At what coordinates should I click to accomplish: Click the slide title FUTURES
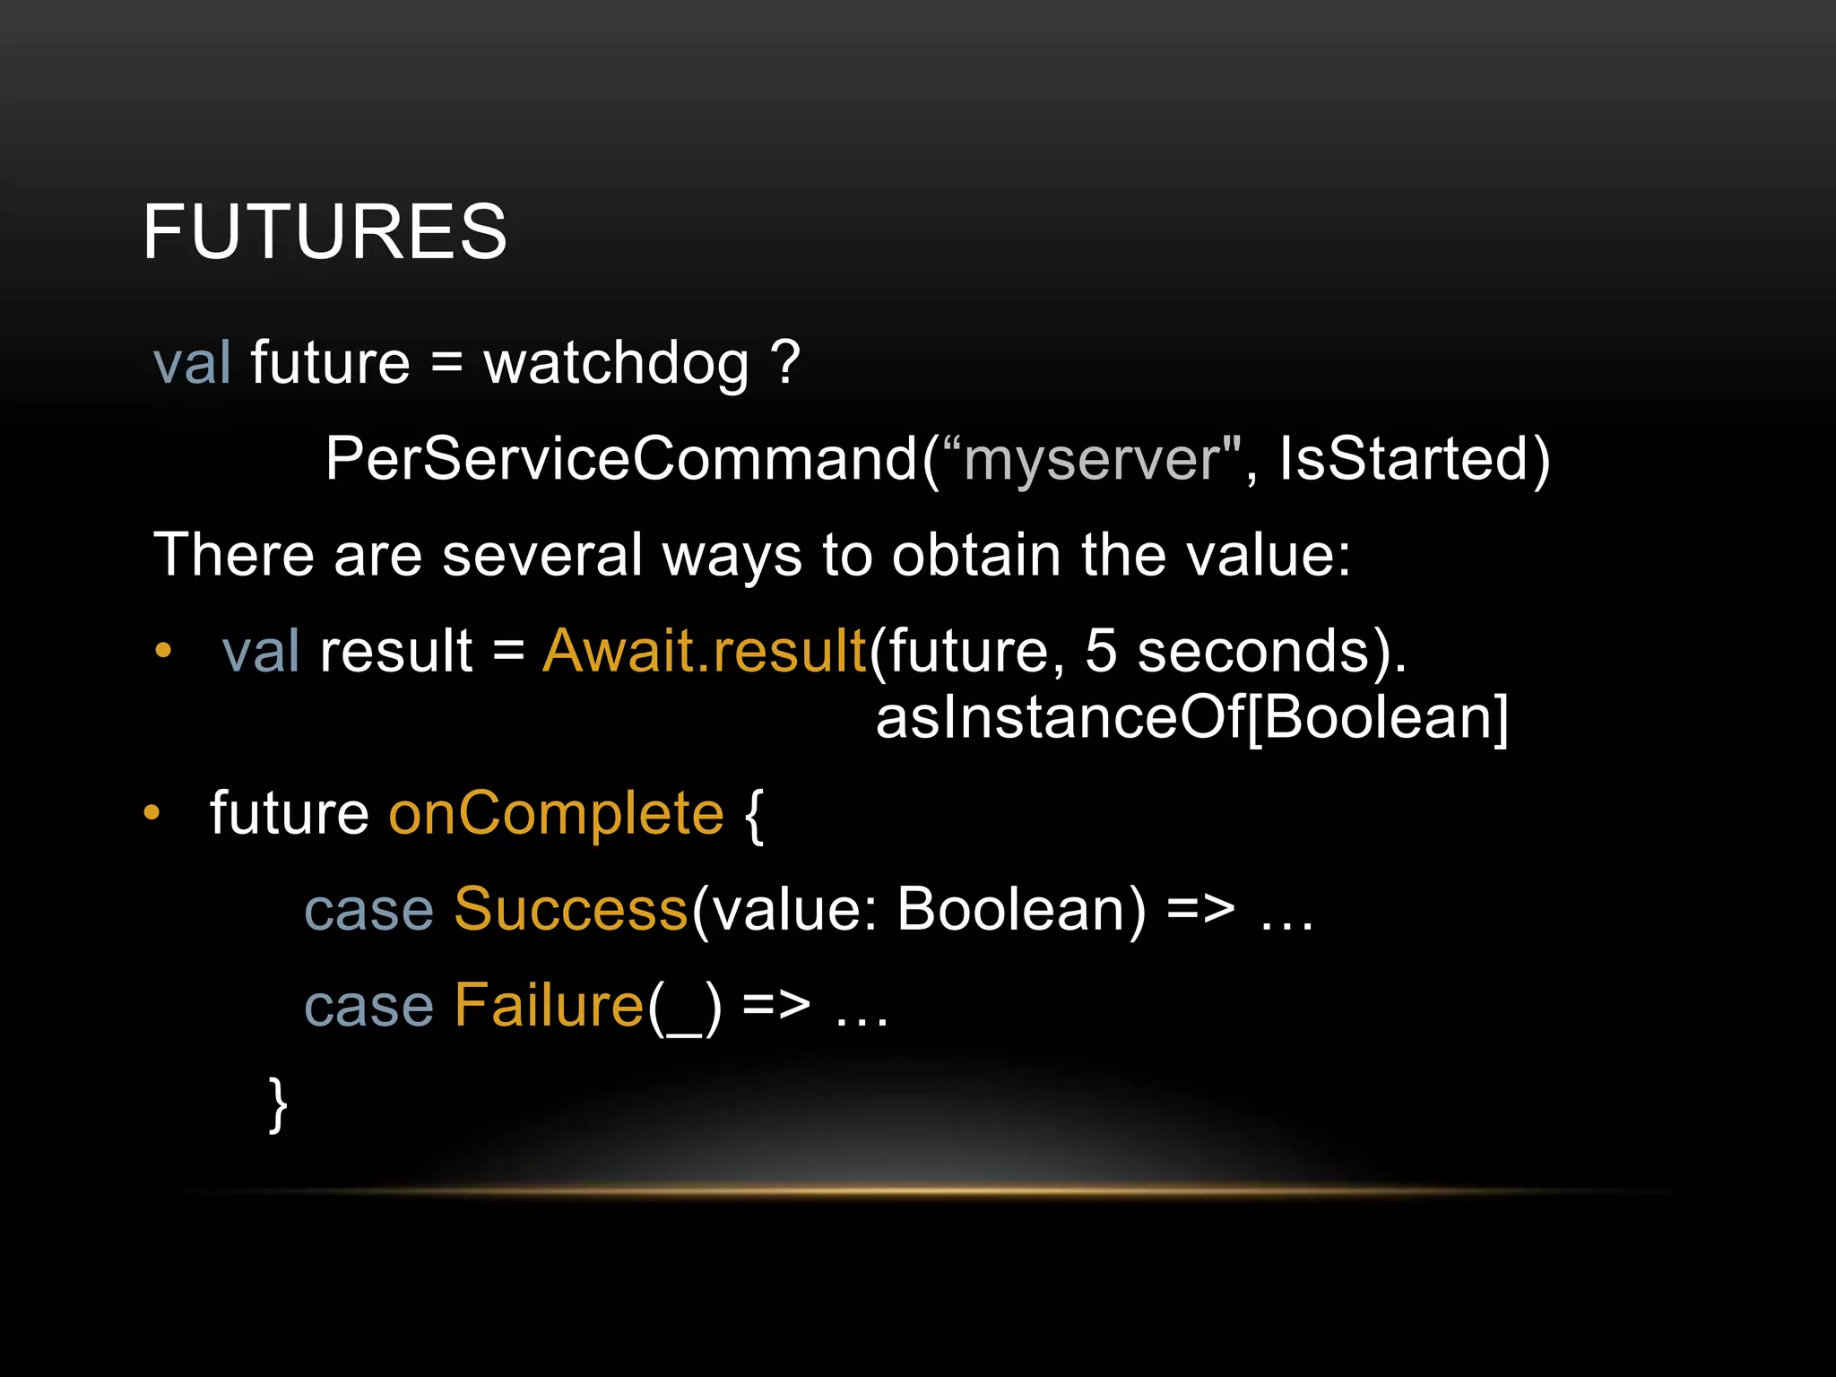tap(325, 231)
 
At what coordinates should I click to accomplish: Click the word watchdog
tap(616, 364)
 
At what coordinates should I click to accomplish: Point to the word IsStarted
tap(1403, 459)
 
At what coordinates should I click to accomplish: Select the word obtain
tap(976, 555)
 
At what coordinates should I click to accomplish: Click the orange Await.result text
tap(705, 651)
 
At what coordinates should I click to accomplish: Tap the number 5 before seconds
tap(1101, 651)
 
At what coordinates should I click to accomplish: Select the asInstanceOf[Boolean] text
tap(1191, 718)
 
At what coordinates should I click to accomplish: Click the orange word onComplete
tap(556, 814)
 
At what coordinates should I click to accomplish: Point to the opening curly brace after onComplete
tap(754, 814)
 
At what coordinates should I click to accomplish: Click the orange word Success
tap(571, 909)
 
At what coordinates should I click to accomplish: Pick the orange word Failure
tap(549, 1005)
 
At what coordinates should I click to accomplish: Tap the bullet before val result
tap(162, 652)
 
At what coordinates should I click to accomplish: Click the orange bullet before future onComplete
tap(152, 813)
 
